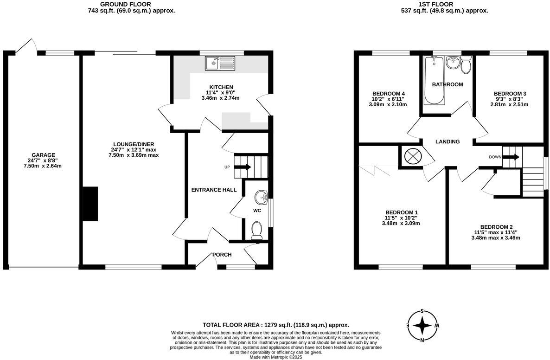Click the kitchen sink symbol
click(x=220, y=63)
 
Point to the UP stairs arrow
click(x=245, y=168)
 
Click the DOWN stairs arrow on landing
click(x=511, y=157)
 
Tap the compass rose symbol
click(x=422, y=325)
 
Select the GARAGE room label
click(x=43, y=155)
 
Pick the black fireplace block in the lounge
click(x=90, y=204)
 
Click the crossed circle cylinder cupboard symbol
click(x=411, y=156)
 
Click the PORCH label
click(x=222, y=255)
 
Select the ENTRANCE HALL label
click(x=214, y=190)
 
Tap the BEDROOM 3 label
click(x=510, y=93)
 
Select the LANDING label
click(x=448, y=141)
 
